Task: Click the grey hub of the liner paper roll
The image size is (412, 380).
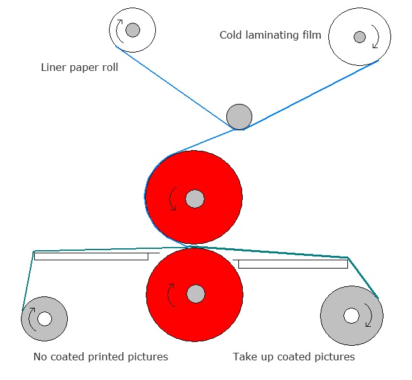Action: (x=132, y=30)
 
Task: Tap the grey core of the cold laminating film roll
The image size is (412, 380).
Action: (x=359, y=37)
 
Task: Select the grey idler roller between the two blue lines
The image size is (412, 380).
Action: (x=239, y=117)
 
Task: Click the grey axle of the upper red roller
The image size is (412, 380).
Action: (x=195, y=199)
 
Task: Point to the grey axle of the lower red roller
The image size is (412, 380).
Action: (x=196, y=294)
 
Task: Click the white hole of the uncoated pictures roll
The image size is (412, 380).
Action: (x=44, y=319)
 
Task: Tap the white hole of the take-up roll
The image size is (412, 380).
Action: (x=351, y=315)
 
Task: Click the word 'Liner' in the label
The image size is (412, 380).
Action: (x=54, y=67)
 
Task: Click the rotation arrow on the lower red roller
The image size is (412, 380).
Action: (x=169, y=294)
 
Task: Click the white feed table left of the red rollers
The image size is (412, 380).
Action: (x=91, y=256)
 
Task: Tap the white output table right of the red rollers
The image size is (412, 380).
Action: (x=293, y=264)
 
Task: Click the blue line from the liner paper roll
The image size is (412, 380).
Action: (x=172, y=85)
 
